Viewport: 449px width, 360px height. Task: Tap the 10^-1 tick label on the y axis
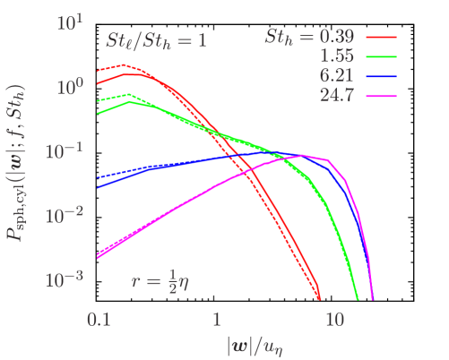(x=67, y=150)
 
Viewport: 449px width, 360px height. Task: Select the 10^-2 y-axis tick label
(x=67, y=215)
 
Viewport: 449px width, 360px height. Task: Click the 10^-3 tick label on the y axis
(x=67, y=279)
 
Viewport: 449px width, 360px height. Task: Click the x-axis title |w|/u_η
(x=260, y=344)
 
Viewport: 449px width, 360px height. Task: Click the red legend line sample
(x=379, y=38)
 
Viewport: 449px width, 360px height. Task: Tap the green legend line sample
(x=379, y=56)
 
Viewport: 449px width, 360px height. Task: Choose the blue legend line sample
(x=379, y=76)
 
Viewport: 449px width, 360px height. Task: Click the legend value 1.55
(x=336, y=56)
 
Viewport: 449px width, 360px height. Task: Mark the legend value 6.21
(x=336, y=76)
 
